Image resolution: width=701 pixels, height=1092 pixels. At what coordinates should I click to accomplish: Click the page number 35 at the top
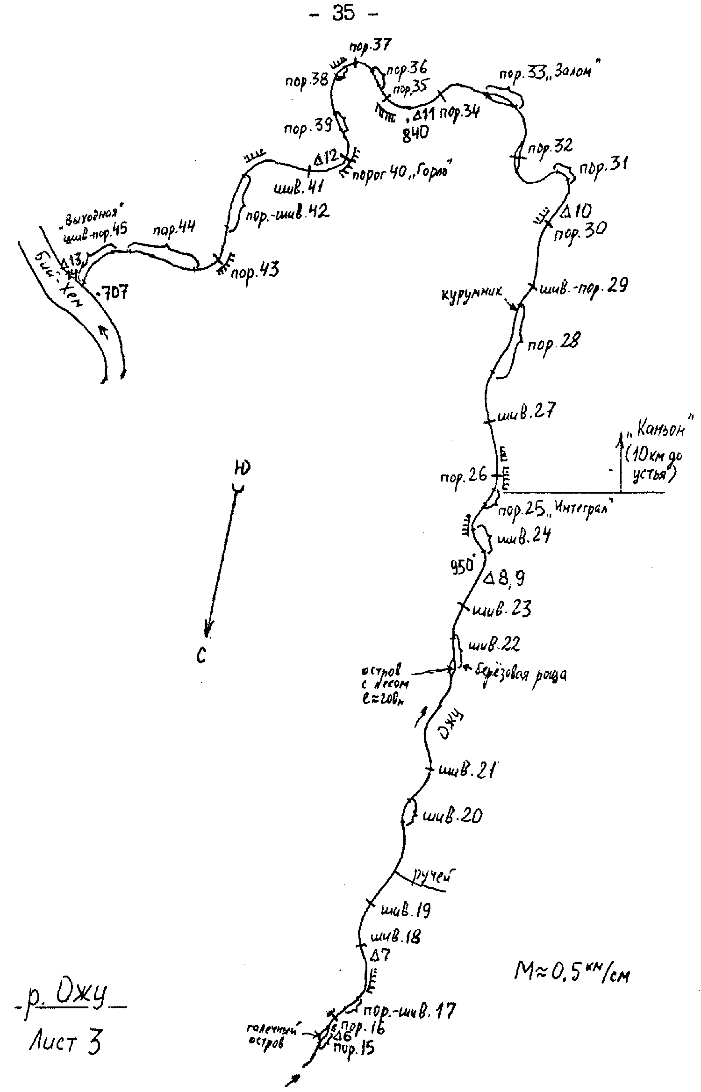click(x=343, y=14)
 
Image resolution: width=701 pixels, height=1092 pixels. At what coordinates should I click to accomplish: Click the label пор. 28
click(x=553, y=344)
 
